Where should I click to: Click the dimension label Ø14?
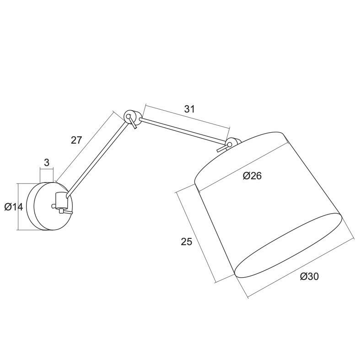coord(14,207)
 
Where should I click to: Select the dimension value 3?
coord(47,162)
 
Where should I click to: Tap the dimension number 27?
coord(76,140)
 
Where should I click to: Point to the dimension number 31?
coord(189,109)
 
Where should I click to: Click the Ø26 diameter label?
coord(252,175)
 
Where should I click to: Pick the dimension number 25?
coord(186,242)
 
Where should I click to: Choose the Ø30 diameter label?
coord(309,276)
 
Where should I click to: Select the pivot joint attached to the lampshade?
coord(232,144)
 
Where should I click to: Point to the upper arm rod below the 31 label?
coord(183,131)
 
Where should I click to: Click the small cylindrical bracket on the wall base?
coord(60,199)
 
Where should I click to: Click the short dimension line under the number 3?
coord(47,169)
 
